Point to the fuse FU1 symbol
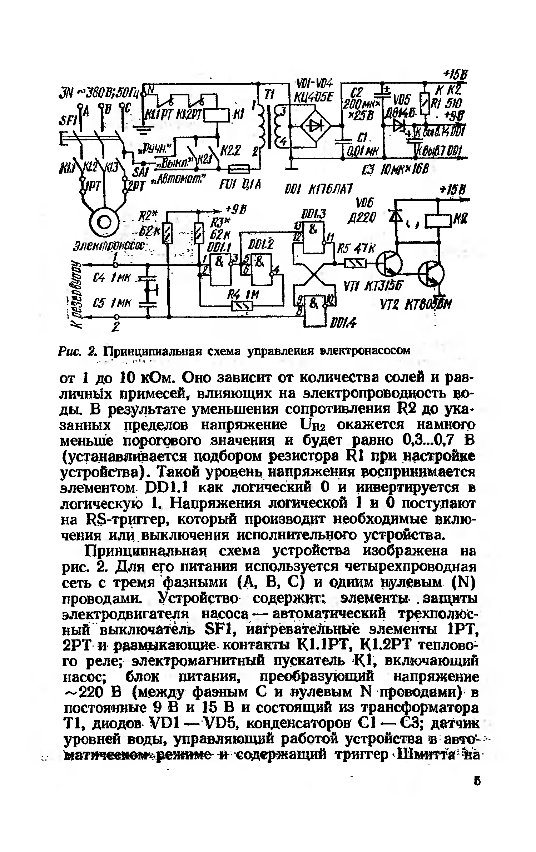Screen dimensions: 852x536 (x=238, y=168)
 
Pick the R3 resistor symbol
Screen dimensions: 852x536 (x=199, y=232)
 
